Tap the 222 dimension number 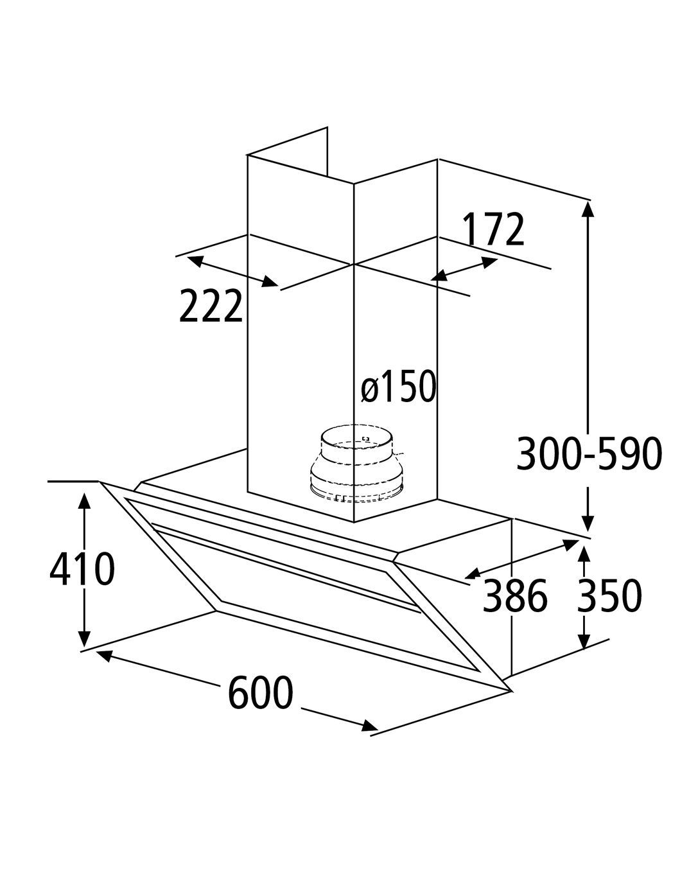click(x=211, y=306)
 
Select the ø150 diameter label click(x=399, y=386)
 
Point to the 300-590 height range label click(x=589, y=453)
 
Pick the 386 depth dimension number click(x=515, y=595)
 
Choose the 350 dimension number click(x=609, y=595)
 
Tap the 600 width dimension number click(x=261, y=692)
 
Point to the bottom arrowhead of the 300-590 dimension click(x=588, y=523)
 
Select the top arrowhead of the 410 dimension click(x=84, y=503)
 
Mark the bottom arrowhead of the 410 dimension click(x=84, y=636)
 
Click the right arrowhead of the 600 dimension click(x=369, y=726)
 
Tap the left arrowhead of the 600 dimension click(x=104, y=656)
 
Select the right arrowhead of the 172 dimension click(x=489, y=263)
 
